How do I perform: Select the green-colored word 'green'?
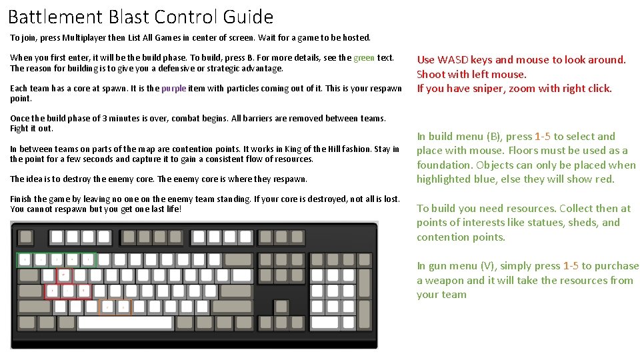click(364, 58)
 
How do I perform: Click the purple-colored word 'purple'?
click(174, 88)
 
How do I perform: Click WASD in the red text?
click(453, 60)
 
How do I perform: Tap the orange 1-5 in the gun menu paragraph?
click(571, 266)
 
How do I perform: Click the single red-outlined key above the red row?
click(64, 275)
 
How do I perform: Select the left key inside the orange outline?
click(107, 307)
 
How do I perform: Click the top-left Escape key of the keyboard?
click(25, 236)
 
